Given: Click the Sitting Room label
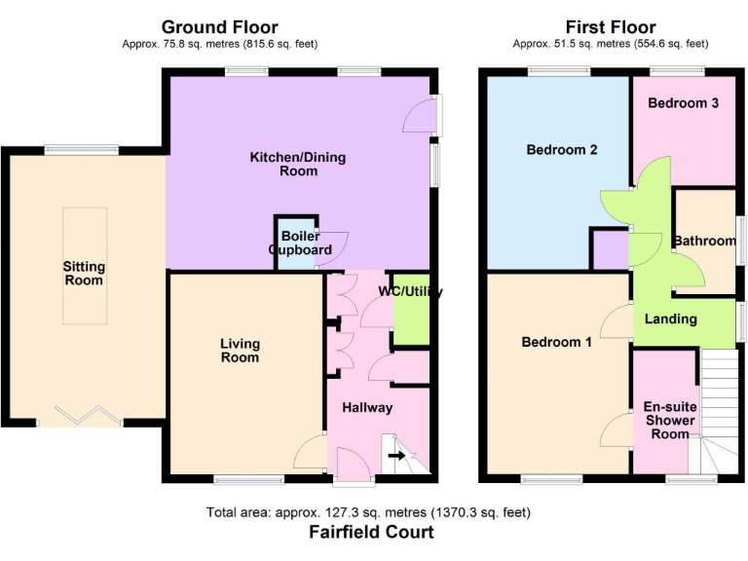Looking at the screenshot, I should pos(84,274).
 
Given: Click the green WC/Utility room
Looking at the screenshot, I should pos(410,317).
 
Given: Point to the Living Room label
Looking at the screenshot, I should pos(240,351).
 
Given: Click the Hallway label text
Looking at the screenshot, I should pos(366,408).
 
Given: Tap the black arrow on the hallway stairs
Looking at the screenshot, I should pos(396,455).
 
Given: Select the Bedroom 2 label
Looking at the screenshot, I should pos(562,150).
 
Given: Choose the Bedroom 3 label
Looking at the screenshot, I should pos(683,103).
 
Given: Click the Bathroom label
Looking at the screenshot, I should pos(704,241).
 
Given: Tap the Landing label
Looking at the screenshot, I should pos(671,318).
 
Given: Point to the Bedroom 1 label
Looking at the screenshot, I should pos(556,342).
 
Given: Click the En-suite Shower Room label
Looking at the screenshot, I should pos(669,421).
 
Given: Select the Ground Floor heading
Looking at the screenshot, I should pos(219,27).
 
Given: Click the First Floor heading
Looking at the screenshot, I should pos(611,27).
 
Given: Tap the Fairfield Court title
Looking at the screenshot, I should pos(371,532).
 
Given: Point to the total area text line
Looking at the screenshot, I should pos(368,512).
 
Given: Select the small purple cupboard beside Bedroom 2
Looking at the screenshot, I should pos(611,250).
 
